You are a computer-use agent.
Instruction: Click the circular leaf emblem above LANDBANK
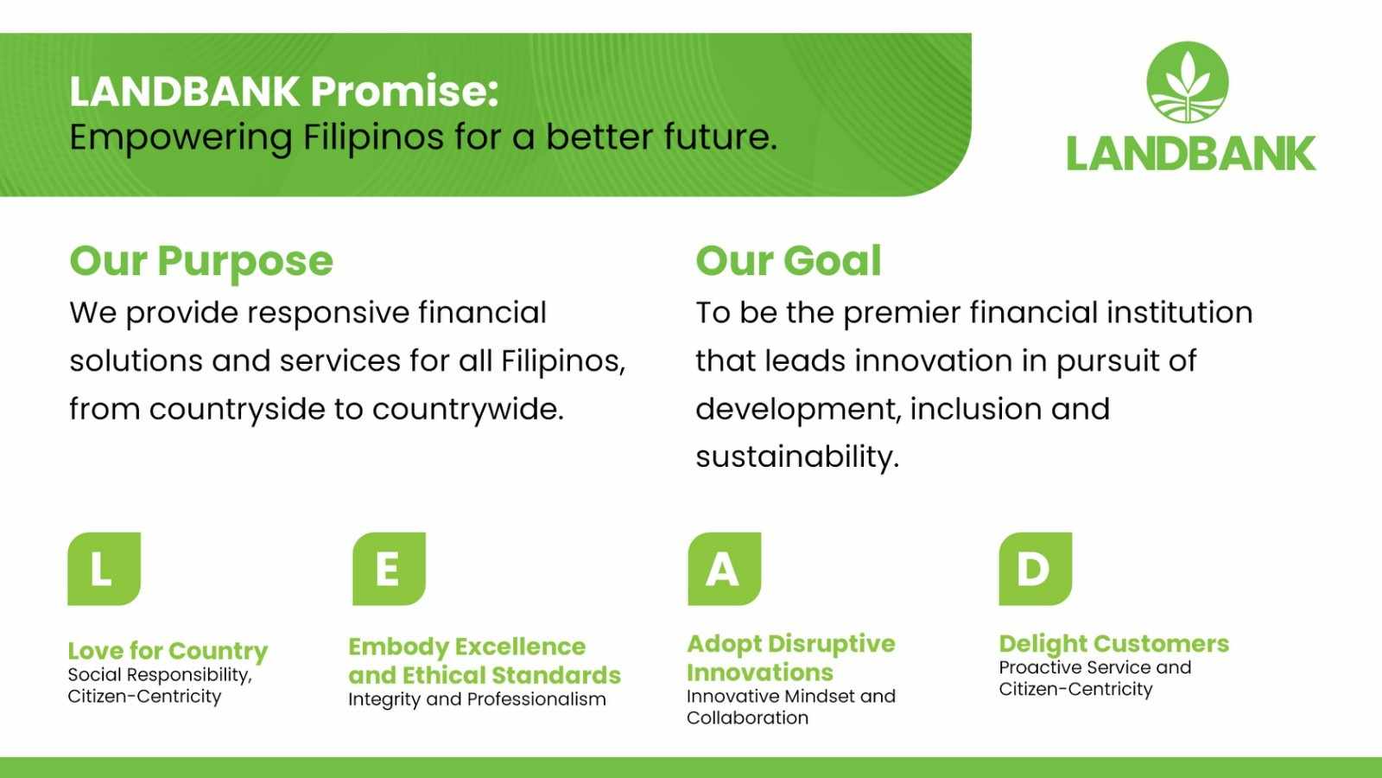click(1188, 82)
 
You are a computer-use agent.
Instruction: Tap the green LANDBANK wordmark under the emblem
click(1191, 154)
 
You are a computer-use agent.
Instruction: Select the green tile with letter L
click(105, 569)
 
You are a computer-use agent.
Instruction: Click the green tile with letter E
click(390, 569)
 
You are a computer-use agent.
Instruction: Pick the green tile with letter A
click(725, 569)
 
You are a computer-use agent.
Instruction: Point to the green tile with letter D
click(1036, 569)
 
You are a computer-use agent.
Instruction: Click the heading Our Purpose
click(201, 262)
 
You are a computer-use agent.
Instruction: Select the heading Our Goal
click(789, 260)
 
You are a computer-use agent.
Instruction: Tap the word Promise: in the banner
click(405, 92)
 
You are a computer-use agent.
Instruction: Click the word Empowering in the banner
click(181, 138)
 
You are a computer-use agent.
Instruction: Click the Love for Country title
click(168, 652)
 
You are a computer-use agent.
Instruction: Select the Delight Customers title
click(1114, 645)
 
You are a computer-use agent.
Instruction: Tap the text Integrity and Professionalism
click(477, 699)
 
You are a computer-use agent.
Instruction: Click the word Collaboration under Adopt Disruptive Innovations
click(748, 718)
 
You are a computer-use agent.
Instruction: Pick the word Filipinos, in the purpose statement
click(562, 361)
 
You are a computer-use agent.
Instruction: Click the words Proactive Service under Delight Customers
click(1075, 667)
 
